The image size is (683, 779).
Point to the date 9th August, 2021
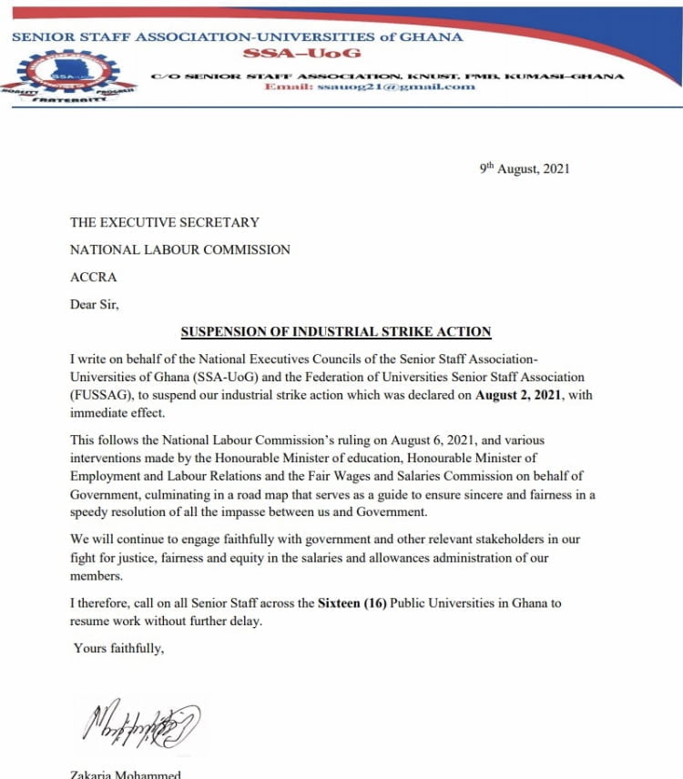525,169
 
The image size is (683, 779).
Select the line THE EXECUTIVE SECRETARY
165,222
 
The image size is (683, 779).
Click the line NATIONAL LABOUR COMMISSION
180,249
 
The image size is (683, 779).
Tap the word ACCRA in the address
94,277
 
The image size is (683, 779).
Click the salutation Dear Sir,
95,305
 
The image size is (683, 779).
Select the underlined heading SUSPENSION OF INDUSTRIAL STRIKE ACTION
336,331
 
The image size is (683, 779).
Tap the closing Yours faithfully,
118,648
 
